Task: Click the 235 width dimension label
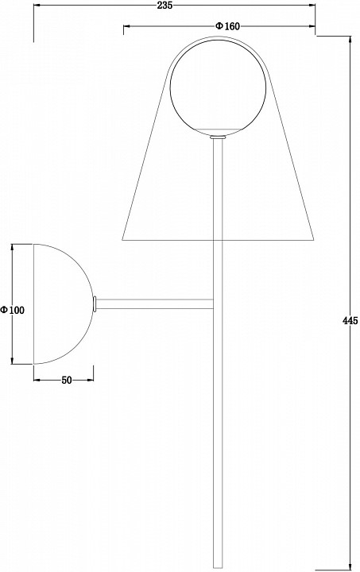165,5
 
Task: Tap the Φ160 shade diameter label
227,26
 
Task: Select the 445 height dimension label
350,321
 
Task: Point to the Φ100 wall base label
13,310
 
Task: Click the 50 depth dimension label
67,380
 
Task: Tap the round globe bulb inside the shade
219,87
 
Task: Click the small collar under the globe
219,137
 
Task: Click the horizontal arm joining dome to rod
155,304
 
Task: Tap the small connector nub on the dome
95,304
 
